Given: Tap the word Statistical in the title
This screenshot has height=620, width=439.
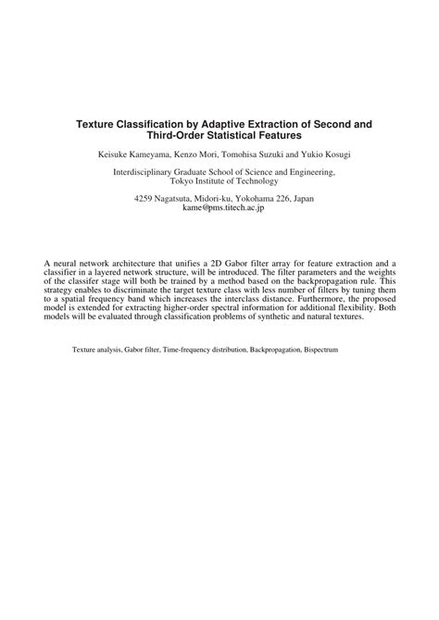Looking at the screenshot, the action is click(242, 135).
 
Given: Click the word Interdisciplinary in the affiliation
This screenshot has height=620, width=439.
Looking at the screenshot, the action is click(142, 171).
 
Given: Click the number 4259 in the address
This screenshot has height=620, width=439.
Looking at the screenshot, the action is click(146, 199).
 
